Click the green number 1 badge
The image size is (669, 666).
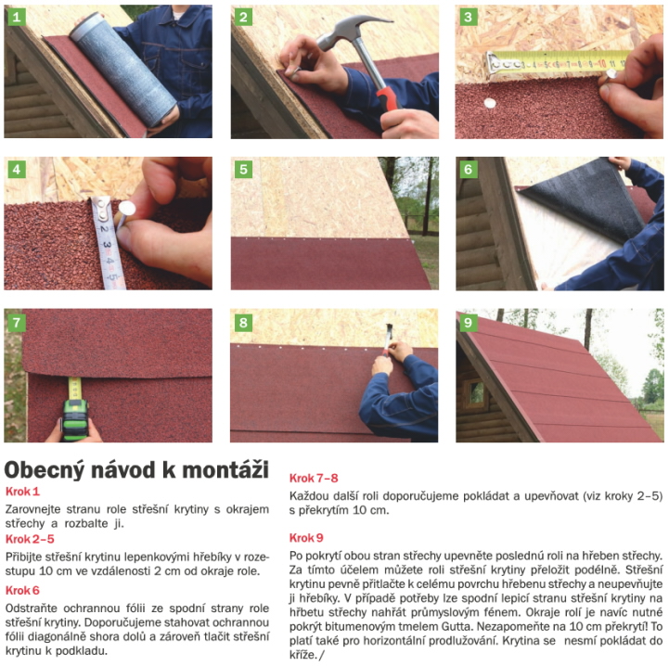[x=17, y=17]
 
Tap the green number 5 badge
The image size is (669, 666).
[x=243, y=169]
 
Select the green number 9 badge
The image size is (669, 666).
[x=468, y=322]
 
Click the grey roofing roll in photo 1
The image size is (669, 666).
[x=123, y=70]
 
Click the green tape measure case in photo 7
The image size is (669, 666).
[x=75, y=419]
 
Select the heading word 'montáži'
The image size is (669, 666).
[x=225, y=469]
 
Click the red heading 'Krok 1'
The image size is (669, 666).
[x=22, y=492]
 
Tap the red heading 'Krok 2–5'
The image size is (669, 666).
[x=30, y=539]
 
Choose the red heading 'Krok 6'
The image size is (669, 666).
[x=22, y=591]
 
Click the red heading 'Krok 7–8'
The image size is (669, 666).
[x=314, y=479]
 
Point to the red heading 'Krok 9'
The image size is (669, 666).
[x=306, y=538]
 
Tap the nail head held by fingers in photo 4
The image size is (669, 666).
[x=127, y=208]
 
